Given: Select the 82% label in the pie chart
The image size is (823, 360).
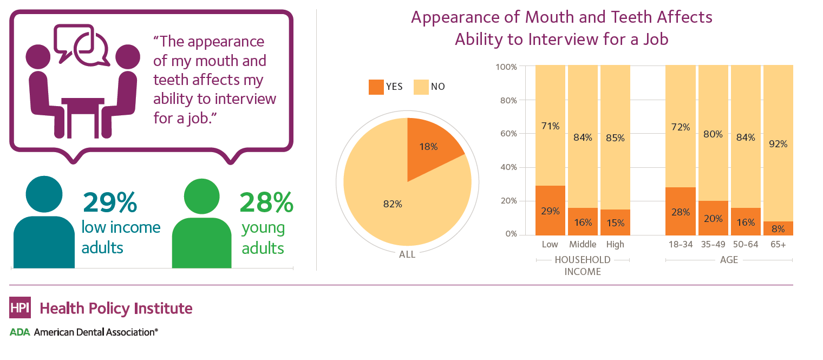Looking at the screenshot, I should click(x=393, y=204).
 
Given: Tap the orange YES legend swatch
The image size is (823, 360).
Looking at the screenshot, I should click(x=375, y=87).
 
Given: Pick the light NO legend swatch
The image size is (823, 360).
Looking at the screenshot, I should click(x=420, y=87).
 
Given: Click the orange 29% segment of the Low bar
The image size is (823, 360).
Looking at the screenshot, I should click(x=550, y=211).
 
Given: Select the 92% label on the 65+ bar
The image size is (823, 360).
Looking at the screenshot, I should click(x=778, y=144).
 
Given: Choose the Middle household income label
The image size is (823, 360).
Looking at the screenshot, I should click(x=583, y=245).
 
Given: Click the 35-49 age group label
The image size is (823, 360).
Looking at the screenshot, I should click(x=713, y=245).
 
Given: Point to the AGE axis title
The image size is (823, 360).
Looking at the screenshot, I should click(x=729, y=260).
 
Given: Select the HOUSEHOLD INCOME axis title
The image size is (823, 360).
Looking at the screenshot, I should click(x=583, y=266).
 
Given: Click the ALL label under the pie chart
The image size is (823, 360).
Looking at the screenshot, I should click(x=407, y=254).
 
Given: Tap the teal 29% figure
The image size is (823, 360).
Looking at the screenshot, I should click(x=110, y=203).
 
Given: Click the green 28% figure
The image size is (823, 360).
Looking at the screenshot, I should click(x=266, y=203).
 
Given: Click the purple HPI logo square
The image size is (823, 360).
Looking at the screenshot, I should click(x=20, y=308).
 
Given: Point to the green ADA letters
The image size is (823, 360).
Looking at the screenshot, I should click(x=19, y=332).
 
